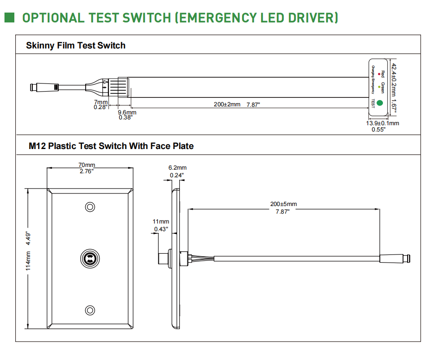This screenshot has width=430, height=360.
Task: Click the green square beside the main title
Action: (10, 18)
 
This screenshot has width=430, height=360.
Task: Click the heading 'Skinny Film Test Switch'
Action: (76, 45)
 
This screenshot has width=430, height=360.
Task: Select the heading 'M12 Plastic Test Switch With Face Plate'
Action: (111, 146)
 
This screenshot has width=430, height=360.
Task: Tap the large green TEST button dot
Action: (380, 103)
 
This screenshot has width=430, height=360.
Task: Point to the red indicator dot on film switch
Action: (379, 73)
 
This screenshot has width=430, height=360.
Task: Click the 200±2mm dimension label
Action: (227, 105)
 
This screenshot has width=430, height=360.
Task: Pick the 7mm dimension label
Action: (100, 102)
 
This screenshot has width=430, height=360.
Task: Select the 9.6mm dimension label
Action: (127, 112)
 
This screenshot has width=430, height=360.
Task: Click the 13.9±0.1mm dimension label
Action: (382, 123)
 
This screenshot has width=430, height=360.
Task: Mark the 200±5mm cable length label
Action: (283, 204)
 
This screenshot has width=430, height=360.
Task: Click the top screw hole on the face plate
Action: (91, 207)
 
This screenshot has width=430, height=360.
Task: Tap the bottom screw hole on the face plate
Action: (91, 310)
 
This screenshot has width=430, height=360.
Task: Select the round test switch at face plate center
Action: (91, 259)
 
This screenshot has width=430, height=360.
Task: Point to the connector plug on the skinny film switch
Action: (43, 87)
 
